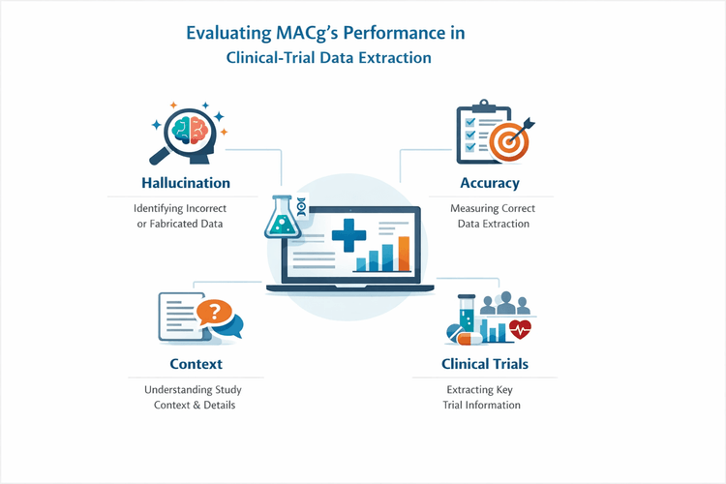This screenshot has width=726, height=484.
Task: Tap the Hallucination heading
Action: click(185, 183)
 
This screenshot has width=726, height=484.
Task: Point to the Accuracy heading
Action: click(490, 183)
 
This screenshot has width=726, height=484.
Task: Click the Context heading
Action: click(196, 364)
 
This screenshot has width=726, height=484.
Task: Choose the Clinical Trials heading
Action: click(485, 364)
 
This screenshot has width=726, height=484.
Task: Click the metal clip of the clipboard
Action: click(476, 107)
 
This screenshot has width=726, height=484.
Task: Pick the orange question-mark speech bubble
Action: click(215, 313)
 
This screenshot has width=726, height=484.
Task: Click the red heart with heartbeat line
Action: click(521, 329)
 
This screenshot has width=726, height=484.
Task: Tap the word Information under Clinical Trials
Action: click(496, 405)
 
